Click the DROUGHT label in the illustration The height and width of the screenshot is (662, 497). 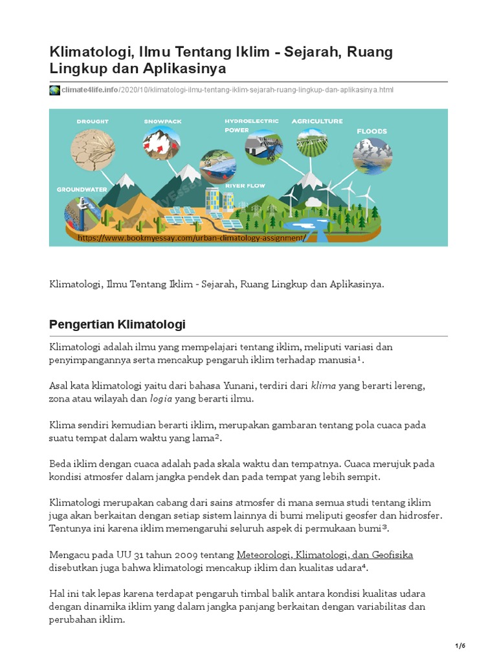tap(93, 121)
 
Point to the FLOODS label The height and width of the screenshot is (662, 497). tap(371, 131)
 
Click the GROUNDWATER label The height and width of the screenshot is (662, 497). tap(81, 189)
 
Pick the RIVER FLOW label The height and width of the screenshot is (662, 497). tap(245, 186)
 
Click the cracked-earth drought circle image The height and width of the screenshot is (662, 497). tap(90, 149)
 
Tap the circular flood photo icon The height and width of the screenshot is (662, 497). tap(371, 156)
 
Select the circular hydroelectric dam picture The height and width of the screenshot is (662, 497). tap(263, 148)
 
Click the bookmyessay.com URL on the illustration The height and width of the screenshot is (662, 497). tap(190, 237)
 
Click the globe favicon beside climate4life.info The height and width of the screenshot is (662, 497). tap(54, 90)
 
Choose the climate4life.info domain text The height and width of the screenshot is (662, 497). tap(90, 90)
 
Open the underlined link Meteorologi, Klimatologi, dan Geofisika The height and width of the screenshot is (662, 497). tap(325, 554)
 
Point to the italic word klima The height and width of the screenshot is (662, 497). tap(323, 386)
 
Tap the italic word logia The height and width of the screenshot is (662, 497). tap(162, 399)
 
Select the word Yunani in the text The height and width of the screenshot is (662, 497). tap(239, 386)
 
